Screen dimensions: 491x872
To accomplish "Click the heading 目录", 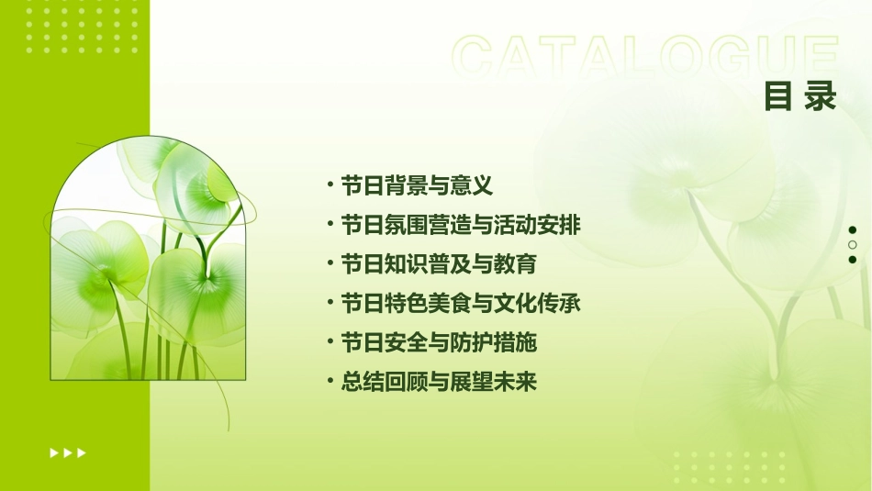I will click(x=800, y=95).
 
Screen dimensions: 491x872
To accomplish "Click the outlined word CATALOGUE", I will click(x=644, y=57).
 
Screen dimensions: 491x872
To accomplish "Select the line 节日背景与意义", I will click(x=417, y=185).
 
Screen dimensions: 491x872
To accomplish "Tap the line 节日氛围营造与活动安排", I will click(x=460, y=225).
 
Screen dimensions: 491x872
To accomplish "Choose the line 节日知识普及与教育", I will click(x=438, y=264).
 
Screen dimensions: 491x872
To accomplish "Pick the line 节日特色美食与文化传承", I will click(x=460, y=303).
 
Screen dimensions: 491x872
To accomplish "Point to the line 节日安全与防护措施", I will click(x=438, y=342).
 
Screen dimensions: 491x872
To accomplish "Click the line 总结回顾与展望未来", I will click(x=438, y=382).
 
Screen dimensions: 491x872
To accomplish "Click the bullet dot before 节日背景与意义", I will click(x=330, y=185).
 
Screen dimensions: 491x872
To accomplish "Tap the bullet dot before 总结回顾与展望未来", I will click(x=330, y=382).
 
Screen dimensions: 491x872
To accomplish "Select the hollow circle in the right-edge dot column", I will click(x=853, y=245).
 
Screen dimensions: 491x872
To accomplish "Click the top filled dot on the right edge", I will click(x=853, y=230).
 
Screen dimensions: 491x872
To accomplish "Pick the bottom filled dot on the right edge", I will click(x=853, y=260).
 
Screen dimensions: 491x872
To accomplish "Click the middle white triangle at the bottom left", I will click(x=67, y=452).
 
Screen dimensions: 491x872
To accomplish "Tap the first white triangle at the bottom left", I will click(x=53, y=452).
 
